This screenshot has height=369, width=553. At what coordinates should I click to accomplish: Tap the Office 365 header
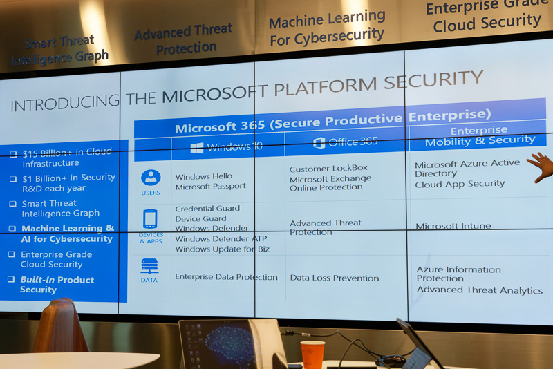click(x=346, y=142)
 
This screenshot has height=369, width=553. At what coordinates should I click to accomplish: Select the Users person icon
click(x=151, y=178)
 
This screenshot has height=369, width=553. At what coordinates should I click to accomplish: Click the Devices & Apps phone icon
click(x=150, y=219)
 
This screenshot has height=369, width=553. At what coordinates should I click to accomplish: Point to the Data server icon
click(x=149, y=266)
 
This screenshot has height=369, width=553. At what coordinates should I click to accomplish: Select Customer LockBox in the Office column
click(x=328, y=168)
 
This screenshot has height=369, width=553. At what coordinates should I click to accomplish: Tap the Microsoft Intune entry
click(x=453, y=226)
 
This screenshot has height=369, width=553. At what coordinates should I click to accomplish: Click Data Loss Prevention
click(x=334, y=278)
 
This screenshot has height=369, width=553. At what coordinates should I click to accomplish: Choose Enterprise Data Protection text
click(x=226, y=277)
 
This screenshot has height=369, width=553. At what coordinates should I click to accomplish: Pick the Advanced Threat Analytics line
click(x=479, y=290)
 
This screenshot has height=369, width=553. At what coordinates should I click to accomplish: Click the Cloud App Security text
click(x=460, y=184)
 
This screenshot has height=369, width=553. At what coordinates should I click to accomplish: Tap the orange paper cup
click(x=312, y=354)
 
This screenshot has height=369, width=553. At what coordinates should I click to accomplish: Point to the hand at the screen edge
click(x=542, y=167)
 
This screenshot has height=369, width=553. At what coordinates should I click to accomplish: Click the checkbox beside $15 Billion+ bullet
click(x=13, y=153)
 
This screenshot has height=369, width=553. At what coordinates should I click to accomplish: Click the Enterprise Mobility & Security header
click(x=479, y=136)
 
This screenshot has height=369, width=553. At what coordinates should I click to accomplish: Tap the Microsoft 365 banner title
click(x=332, y=120)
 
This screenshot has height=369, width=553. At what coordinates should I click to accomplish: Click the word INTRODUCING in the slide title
click(x=65, y=104)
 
